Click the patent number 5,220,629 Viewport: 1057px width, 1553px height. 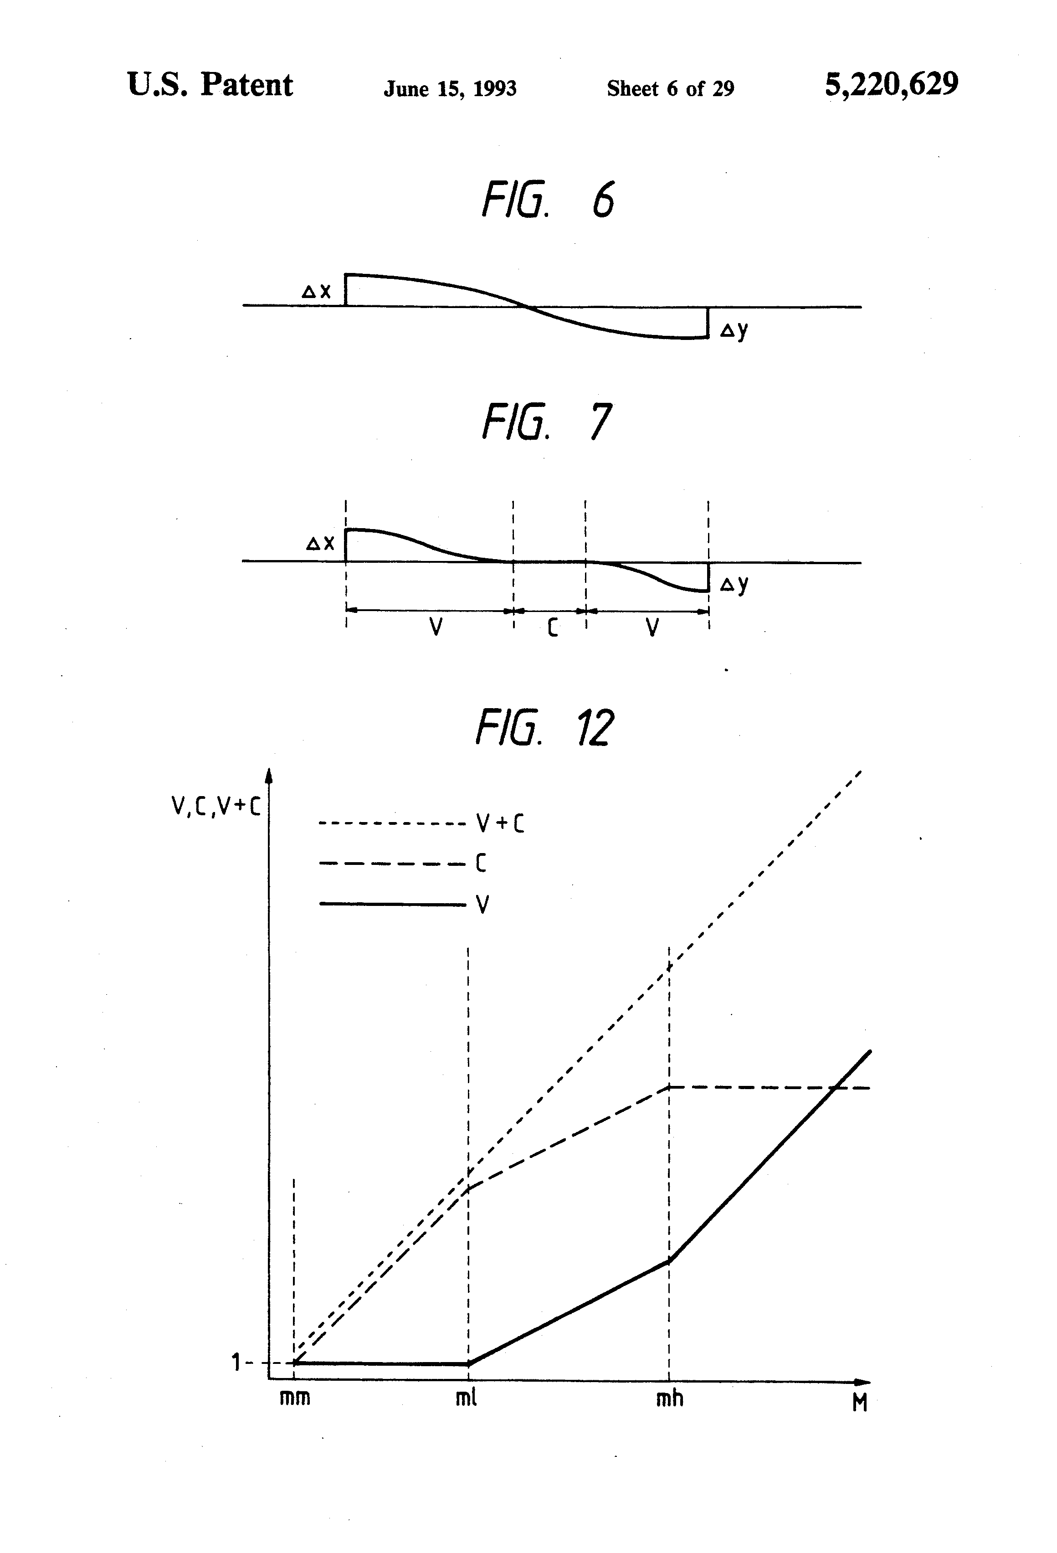891,85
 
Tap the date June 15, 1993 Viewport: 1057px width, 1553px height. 450,89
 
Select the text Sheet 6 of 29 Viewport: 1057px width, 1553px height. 670,88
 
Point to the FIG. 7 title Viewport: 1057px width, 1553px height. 547,422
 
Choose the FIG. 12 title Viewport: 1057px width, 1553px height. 544,728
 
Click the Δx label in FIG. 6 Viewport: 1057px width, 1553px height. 317,291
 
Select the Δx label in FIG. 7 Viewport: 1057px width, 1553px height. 320,543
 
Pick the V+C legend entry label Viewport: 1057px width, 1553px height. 500,824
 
